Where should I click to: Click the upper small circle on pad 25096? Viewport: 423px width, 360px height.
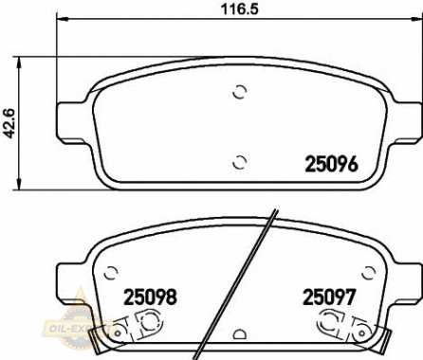click(x=240, y=92)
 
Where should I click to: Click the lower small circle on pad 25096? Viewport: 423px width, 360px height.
click(x=240, y=159)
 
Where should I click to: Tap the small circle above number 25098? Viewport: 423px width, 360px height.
click(x=112, y=268)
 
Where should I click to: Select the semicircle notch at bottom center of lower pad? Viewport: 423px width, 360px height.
click(x=239, y=334)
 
